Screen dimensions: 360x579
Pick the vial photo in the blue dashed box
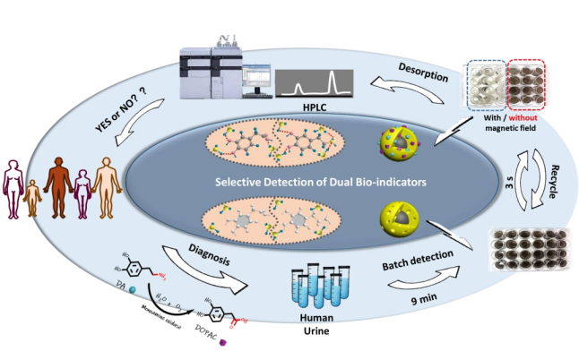485,86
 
